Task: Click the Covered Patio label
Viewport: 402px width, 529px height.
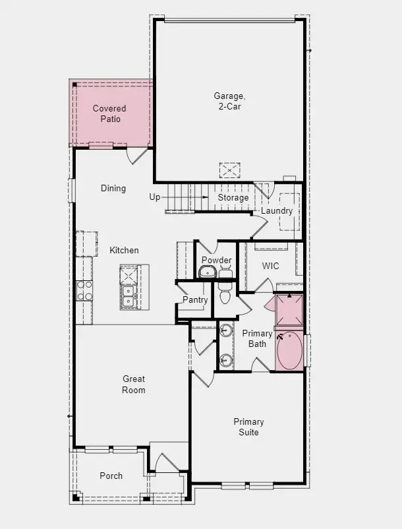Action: click(109, 113)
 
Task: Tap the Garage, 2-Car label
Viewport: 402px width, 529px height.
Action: click(228, 101)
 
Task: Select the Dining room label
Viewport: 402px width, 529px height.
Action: click(113, 189)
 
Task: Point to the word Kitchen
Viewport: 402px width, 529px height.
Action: click(124, 250)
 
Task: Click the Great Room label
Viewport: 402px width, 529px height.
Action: click(134, 385)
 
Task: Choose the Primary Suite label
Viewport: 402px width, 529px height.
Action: click(249, 427)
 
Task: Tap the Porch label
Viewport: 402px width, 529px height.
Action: click(111, 476)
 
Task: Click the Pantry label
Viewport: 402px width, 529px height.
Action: click(195, 299)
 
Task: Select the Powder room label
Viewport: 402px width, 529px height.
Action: click(216, 260)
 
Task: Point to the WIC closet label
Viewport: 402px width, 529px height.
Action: click(271, 266)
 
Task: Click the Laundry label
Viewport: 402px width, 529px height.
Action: click(277, 210)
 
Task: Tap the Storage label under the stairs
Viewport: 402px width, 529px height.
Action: click(233, 197)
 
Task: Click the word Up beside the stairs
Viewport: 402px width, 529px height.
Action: click(155, 197)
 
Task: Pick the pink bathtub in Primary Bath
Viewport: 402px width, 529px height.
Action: click(289, 352)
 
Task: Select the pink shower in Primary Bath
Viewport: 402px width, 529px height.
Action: click(289, 309)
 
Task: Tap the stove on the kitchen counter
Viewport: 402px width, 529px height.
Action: click(85, 290)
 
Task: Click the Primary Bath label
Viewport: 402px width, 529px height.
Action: click(257, 338)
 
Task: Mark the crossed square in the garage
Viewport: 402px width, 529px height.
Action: click(230, 170)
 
